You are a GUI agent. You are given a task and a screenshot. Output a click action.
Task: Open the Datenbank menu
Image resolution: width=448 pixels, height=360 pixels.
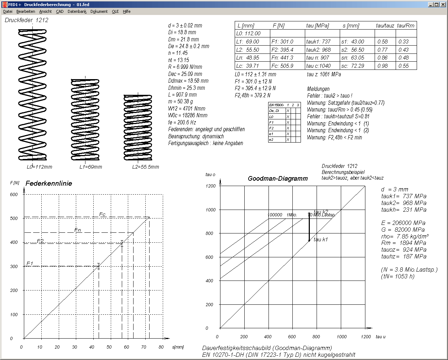77,11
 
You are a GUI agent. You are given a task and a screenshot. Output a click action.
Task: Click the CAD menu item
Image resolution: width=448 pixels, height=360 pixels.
59,11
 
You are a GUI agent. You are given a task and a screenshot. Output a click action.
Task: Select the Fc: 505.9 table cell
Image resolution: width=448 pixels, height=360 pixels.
282,66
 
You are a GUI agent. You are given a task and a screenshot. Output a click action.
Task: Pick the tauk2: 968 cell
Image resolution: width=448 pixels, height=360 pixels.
318,50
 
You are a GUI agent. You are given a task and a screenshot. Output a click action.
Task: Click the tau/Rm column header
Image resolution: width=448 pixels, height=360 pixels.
406,26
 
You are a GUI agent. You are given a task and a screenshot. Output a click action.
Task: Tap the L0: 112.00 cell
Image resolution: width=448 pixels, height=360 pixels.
249,34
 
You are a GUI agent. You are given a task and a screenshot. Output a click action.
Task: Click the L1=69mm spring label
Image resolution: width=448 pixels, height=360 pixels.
90,167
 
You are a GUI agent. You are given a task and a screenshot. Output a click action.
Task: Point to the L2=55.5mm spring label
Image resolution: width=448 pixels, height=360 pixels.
146,167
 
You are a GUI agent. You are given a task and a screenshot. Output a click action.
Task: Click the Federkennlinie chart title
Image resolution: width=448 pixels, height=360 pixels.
49,184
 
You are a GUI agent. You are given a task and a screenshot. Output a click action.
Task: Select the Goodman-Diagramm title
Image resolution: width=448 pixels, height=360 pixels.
278,179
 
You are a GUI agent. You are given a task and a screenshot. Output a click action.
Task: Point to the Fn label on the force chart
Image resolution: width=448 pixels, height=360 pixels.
78,230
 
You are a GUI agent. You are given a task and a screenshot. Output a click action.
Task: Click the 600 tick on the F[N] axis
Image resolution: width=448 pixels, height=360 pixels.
14,195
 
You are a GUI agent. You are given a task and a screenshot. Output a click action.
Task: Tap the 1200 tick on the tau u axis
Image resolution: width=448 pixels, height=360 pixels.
366,336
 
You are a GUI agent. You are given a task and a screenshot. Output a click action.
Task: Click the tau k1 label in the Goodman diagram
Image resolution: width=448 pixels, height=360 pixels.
321,240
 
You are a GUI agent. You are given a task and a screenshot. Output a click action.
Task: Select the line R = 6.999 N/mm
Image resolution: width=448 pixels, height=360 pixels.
185,67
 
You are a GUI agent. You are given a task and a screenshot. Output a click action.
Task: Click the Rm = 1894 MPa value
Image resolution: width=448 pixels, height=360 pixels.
403,243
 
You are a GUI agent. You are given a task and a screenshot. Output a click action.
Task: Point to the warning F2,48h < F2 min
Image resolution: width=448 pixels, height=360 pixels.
334,138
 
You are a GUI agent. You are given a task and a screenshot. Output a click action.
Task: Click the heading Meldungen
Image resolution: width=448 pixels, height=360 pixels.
318,89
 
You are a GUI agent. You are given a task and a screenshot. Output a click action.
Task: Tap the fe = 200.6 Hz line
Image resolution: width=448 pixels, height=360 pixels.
182,122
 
